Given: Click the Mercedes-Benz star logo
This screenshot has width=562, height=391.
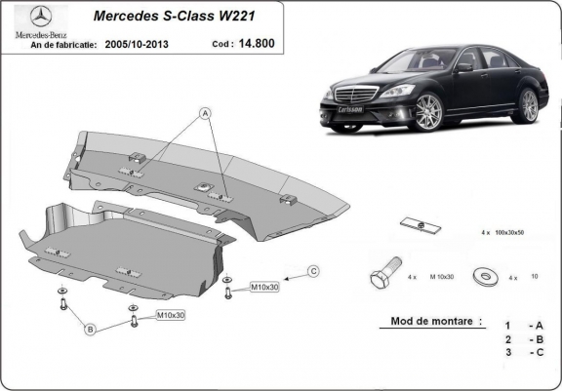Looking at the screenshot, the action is click(x=41, y=17).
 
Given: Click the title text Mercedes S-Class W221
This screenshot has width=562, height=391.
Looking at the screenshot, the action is click(x=175, y=17).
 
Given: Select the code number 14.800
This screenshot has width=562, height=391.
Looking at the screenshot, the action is click(x=257, y=43).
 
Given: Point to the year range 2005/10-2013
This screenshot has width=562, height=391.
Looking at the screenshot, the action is click(x=137, y=45).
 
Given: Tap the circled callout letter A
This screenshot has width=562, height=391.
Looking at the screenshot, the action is click(x=205, y=114).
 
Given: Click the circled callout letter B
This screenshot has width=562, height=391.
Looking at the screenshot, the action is click(x=91, y=329).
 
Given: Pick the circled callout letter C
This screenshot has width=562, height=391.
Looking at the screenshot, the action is click(x=313, y=271).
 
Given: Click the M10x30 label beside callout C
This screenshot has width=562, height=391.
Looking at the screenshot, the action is click(x=264, y=287).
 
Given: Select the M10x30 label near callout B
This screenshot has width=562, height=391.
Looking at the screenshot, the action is click(x=171, y=315).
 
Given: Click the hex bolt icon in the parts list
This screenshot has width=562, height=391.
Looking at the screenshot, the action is click(x=385, y=273).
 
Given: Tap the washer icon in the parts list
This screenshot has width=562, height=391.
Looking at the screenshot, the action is click(x=486, y=276).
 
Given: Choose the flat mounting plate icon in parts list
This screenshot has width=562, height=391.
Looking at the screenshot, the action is click(x=421, y=225).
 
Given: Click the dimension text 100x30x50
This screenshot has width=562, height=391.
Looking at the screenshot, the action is click(x=509, y=232).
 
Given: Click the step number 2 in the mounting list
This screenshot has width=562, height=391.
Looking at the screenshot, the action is click(x=508, y=339).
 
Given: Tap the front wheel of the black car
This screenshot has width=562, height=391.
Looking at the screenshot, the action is click(x=429, y=112).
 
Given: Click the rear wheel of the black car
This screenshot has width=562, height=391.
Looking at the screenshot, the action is click(x=528, y=106).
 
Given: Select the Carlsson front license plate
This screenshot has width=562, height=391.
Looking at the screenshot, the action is click(x=350, y=109).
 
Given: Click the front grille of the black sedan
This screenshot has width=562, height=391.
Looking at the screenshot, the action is click(x=355, y=94).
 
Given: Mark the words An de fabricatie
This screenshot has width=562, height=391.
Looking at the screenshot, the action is click(x=63, y=45).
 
